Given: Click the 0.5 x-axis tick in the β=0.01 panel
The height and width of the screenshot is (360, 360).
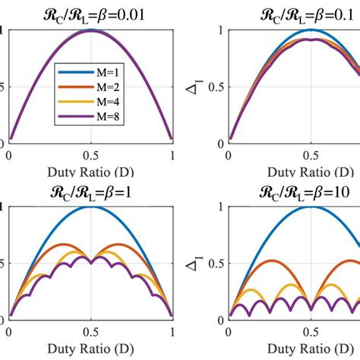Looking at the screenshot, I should [x=90, y=154].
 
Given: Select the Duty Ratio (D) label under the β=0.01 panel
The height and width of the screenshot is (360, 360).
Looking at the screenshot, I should [x=90, y=172].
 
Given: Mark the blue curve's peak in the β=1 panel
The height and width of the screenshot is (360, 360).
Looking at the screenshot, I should [x=90, y=207].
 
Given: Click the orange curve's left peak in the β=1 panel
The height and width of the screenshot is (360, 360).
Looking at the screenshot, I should [x=64, y=245].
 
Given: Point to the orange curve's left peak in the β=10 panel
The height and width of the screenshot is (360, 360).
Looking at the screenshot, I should [x=269, y=261].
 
